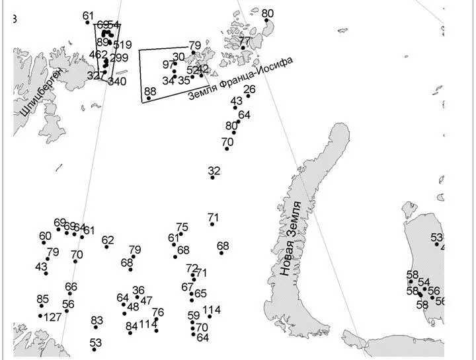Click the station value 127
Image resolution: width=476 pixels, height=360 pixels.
coord(53,317)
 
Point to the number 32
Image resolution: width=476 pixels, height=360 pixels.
coord(214,171)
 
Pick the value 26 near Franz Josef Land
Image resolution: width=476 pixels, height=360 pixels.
coord(249,89)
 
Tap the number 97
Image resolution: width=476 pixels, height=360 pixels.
coord(167,65)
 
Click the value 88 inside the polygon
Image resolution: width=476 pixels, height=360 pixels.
coord(150,91)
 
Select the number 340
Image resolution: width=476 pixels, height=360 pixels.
coord(117,81)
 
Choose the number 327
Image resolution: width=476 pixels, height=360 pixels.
coord(96,75)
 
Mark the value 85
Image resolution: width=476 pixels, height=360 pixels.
coord(43,299)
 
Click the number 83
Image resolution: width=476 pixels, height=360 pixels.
coord(97,320)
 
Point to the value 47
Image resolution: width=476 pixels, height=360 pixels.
coord(146,301)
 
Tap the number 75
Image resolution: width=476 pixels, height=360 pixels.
coord(182,227)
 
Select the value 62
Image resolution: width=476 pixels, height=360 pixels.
coord(108,240)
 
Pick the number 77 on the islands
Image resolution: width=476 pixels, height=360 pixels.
coord(245,41)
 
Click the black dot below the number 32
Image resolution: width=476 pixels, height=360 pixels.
coord(213,178)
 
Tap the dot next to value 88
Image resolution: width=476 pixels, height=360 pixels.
coord(149,98)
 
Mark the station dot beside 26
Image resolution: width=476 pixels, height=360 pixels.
coord(248,96)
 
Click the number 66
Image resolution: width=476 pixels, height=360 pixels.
coord(71,287)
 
